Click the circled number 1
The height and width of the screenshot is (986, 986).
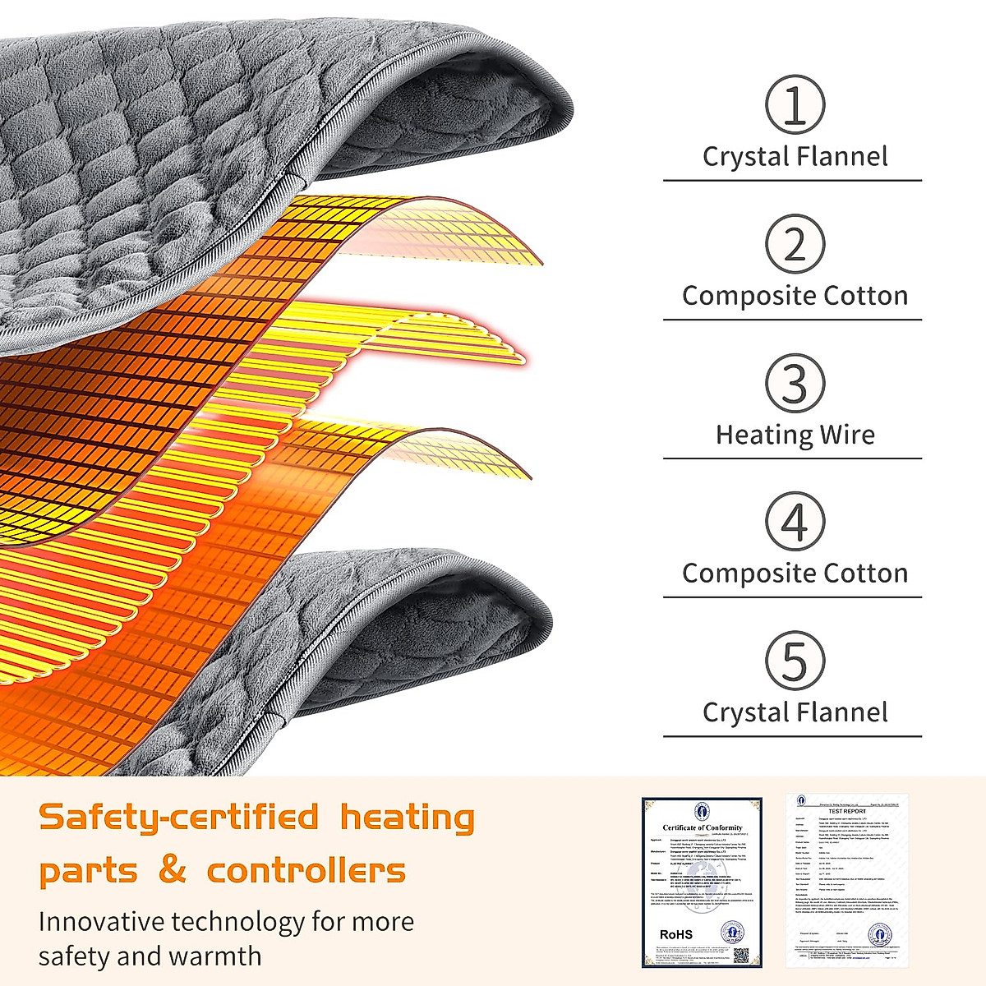[x=795, y=105]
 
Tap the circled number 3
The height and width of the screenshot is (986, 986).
[x=795, y=383]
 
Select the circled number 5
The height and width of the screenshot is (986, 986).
[x=795, y=661]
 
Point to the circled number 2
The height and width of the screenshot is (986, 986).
[x=795, y=244]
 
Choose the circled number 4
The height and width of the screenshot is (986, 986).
[x=795, y=522]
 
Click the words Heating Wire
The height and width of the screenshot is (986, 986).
[x=795, y=435]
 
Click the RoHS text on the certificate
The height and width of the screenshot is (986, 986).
[x=676, y=934]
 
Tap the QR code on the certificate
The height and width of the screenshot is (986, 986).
[x=740, y=955]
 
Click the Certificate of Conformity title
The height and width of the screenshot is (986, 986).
[x=703, y=827]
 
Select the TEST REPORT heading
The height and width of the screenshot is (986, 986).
[x=846, y=811]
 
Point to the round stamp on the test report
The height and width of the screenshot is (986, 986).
[x=879, y=934]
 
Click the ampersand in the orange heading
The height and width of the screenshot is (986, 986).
[x=172, y=869]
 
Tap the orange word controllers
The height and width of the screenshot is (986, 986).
[x=306, y=870]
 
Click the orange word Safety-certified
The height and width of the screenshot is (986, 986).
[x=179, y=818]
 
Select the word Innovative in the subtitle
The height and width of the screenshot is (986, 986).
[x=101, y=922]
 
